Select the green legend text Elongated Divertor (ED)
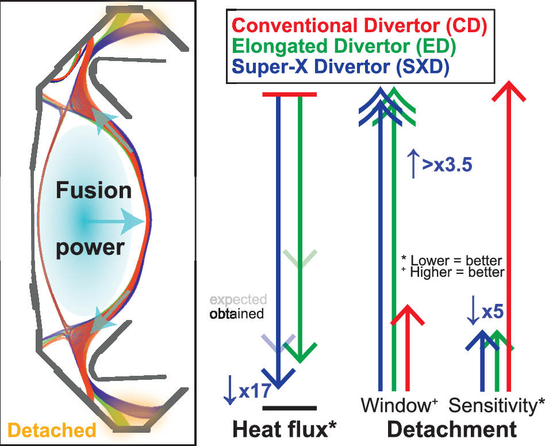coord(344,47)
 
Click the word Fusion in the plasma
coord(94,191)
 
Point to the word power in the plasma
coord(90,247)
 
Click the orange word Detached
coord(52,430)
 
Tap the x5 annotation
coord(493,312)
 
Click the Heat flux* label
coord(283,430)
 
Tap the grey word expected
coord(238,300)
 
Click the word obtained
coord(236,314)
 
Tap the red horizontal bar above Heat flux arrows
coord(289,94)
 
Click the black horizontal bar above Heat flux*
coord(289,408)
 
